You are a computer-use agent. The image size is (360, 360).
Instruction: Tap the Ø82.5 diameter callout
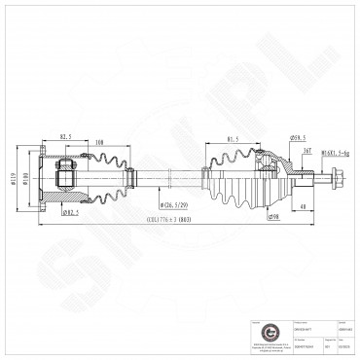[69, 211]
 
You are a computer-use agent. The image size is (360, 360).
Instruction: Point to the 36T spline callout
[305, 151]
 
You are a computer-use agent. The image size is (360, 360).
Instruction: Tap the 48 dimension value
[305, 207]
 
